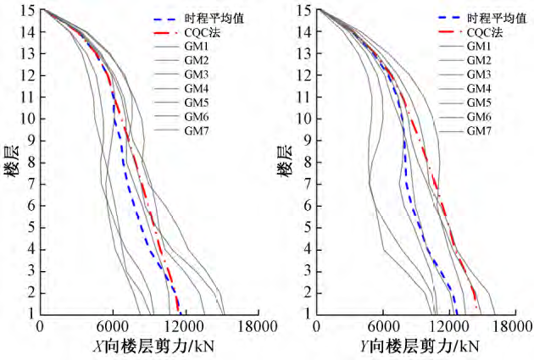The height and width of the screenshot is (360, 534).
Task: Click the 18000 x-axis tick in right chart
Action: pos(500,327)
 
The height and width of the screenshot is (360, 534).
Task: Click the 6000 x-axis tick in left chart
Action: pos(112,327)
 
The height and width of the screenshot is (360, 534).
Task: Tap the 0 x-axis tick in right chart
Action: pos(317,327)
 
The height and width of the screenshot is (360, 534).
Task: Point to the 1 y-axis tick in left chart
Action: pos(31,313)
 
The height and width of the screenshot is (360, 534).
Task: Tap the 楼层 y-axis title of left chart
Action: pos(10,162)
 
